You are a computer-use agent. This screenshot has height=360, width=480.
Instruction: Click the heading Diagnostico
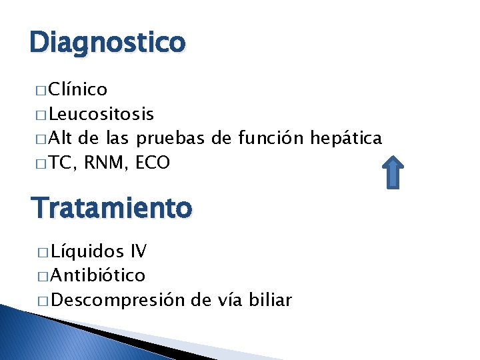[107, 43]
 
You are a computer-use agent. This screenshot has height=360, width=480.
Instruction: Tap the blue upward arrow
[394, 171]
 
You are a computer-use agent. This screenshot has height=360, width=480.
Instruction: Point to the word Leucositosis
[102, 114]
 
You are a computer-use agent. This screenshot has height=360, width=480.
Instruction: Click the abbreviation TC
[61, 163]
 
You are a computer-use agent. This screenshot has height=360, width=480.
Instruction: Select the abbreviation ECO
[153, 163]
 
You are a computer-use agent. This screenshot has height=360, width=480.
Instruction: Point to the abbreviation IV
[139, 252]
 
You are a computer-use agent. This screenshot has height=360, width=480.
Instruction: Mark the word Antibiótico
[98, 275]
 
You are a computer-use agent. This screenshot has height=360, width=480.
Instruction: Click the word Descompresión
[117, 300]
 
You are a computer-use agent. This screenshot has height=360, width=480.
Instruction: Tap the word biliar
[269, 300]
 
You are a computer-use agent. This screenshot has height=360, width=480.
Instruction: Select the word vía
[229, 300]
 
